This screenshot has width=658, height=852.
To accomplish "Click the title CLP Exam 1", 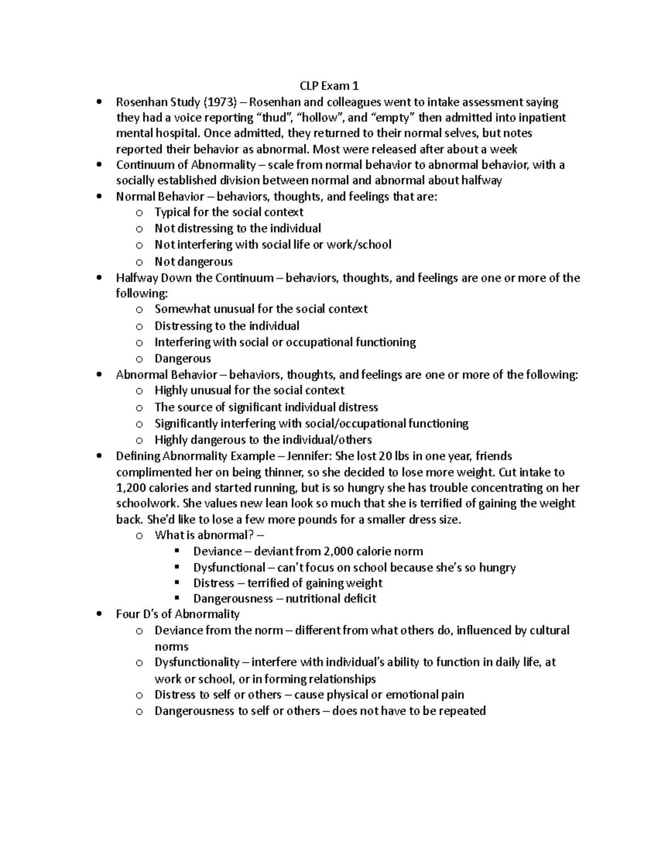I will coord(329,86).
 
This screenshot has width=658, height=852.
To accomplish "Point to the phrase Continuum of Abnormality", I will coord(186,165).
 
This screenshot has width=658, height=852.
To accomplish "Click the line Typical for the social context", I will coord(229,212).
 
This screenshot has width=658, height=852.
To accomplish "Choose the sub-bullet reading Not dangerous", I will coord(194,262).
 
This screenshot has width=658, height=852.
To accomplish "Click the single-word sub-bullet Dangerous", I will coord(183,359).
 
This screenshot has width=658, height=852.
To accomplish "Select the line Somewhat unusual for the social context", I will coord(261,309).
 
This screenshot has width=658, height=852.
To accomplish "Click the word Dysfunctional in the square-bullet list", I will coord(229,568).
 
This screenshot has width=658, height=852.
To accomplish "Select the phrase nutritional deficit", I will coord(331,599).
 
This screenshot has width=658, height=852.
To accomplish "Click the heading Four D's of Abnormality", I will coord(178,614).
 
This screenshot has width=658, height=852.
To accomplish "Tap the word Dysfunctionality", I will coord(197,663).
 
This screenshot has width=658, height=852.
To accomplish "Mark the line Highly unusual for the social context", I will coord(249,391).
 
